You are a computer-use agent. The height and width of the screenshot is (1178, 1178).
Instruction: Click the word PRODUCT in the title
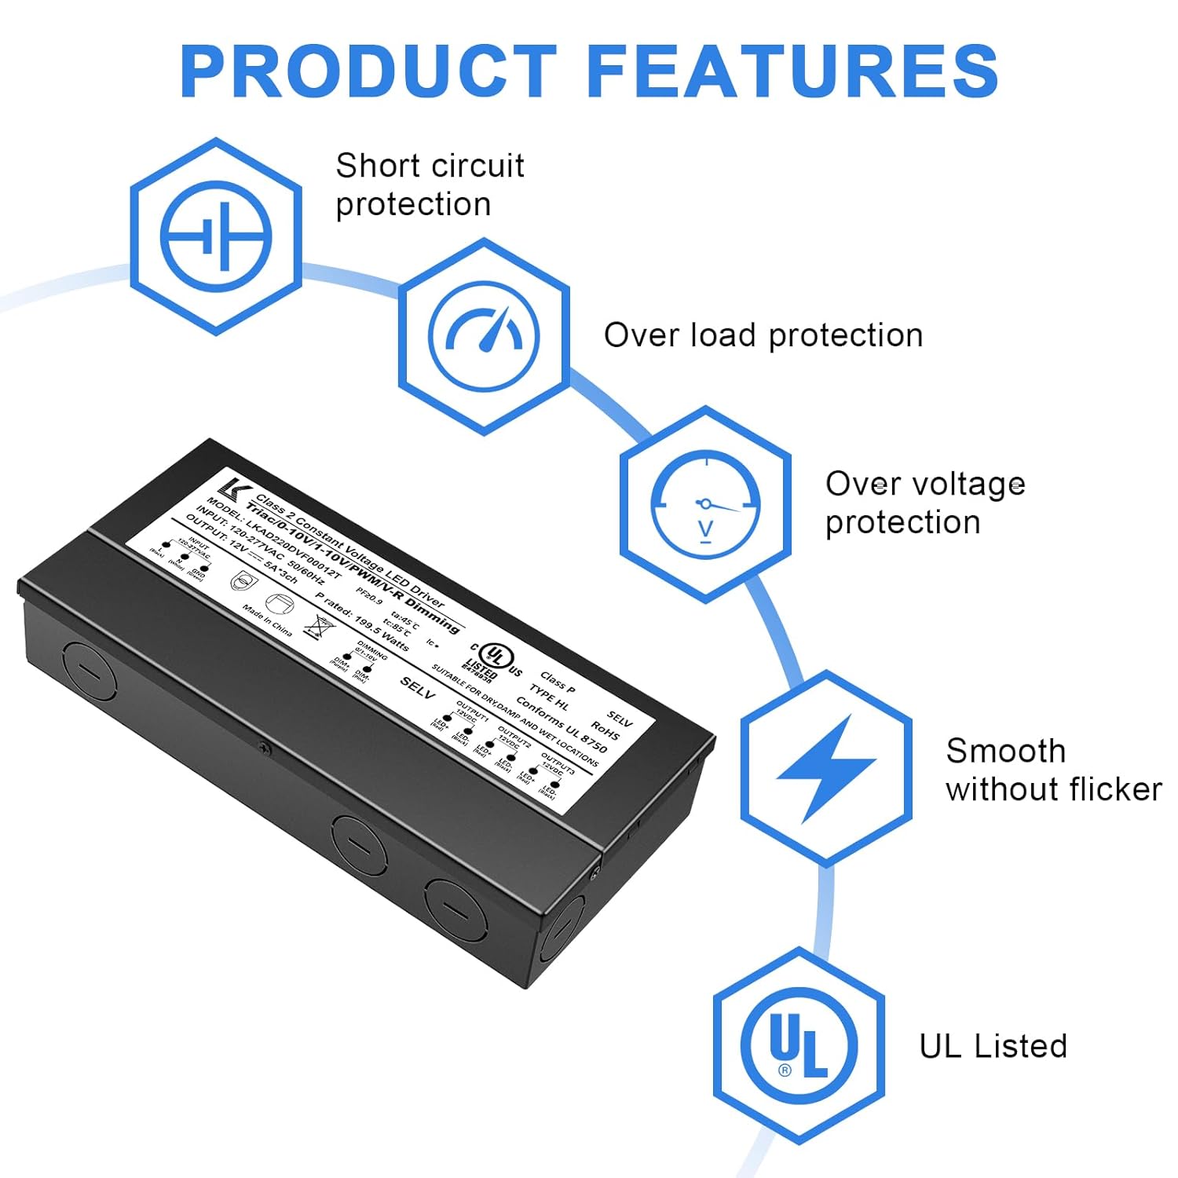(x=368, y=71)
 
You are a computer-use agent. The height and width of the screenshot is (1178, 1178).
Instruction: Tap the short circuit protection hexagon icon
(x=216, y=236)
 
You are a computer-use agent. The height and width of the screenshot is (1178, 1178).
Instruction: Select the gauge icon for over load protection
(x=484, y=336)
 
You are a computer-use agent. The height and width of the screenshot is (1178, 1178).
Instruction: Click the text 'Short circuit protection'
(x=429, y=185)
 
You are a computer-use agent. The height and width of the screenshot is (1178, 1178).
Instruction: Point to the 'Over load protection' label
(x=763, y=335)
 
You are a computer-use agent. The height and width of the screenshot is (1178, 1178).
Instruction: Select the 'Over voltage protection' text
(x=924, y=503)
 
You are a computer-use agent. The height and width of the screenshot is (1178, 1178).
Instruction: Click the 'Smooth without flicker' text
(x=1052, y=770)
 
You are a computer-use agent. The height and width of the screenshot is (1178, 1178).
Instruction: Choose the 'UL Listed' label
(x=993, y=1046)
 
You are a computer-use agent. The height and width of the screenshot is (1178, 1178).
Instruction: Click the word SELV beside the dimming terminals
(x=417, y=688)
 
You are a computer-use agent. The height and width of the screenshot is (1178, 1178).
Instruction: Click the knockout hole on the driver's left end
(x=90, y=671)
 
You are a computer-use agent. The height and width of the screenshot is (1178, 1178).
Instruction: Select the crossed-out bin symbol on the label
(x=320, y=627)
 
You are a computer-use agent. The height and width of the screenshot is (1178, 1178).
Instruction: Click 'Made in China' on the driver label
(x=267, y=620)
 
